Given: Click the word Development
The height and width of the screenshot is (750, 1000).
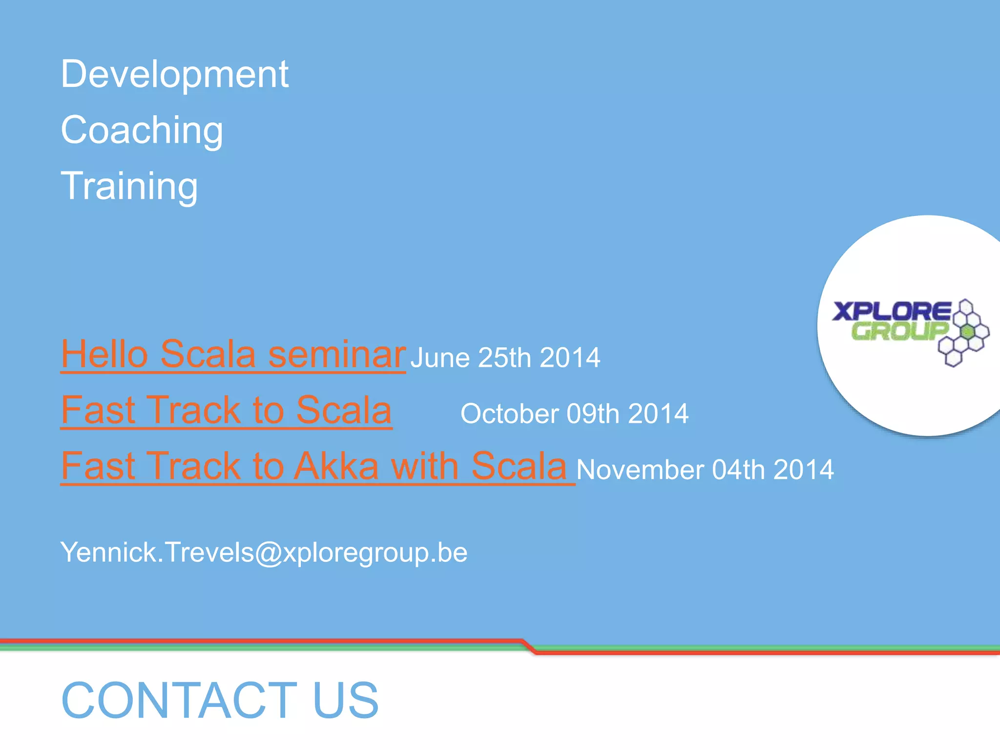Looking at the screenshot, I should tap(174, 74).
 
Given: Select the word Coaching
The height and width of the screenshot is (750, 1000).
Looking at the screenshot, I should tap(142, 130).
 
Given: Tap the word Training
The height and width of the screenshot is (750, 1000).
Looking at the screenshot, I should tap(129, 186).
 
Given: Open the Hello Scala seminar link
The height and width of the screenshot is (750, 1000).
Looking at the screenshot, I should tap(233, 354).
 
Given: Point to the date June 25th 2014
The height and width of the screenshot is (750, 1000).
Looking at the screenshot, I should tap(505, 357).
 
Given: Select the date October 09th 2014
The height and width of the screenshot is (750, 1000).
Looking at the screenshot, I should tap(574, 414).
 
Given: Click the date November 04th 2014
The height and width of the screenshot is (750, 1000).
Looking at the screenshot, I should tap(705, 470).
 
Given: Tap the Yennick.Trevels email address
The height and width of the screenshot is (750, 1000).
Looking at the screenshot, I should tap(264, 552).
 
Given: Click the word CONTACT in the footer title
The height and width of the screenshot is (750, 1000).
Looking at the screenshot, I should tap(179, 700).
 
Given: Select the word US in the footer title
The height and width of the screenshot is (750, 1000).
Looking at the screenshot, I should tap(346, 700).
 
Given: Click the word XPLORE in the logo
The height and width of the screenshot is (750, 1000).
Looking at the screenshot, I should tap(892, 311).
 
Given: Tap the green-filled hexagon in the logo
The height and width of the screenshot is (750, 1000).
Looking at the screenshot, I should tap(967, 332).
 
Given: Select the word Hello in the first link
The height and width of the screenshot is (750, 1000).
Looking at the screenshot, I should tap(104, 354).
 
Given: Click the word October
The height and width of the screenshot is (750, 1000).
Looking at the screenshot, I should tap(509, 414).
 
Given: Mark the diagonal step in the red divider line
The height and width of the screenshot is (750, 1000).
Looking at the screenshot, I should tap(529, 646).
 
